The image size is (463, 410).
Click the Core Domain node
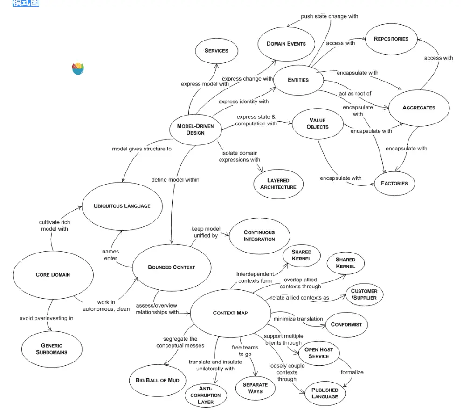53,274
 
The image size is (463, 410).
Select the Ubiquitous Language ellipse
122,206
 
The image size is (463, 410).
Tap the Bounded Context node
172,267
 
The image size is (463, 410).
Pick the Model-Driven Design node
195,129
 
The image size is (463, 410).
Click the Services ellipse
216,50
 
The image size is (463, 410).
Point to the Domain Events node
286,44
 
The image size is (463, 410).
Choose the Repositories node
391,39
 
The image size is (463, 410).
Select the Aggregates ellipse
418,108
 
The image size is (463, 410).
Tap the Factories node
394,183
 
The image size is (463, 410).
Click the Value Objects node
318,123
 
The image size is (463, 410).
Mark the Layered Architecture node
278,184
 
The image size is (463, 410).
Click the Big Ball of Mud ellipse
157,380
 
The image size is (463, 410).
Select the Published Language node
325,393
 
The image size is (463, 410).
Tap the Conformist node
346,325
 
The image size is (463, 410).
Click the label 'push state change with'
329,16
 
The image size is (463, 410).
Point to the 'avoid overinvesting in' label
46,318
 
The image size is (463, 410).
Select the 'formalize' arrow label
352,372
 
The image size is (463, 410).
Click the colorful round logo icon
78,69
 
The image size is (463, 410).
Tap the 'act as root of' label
355,94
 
